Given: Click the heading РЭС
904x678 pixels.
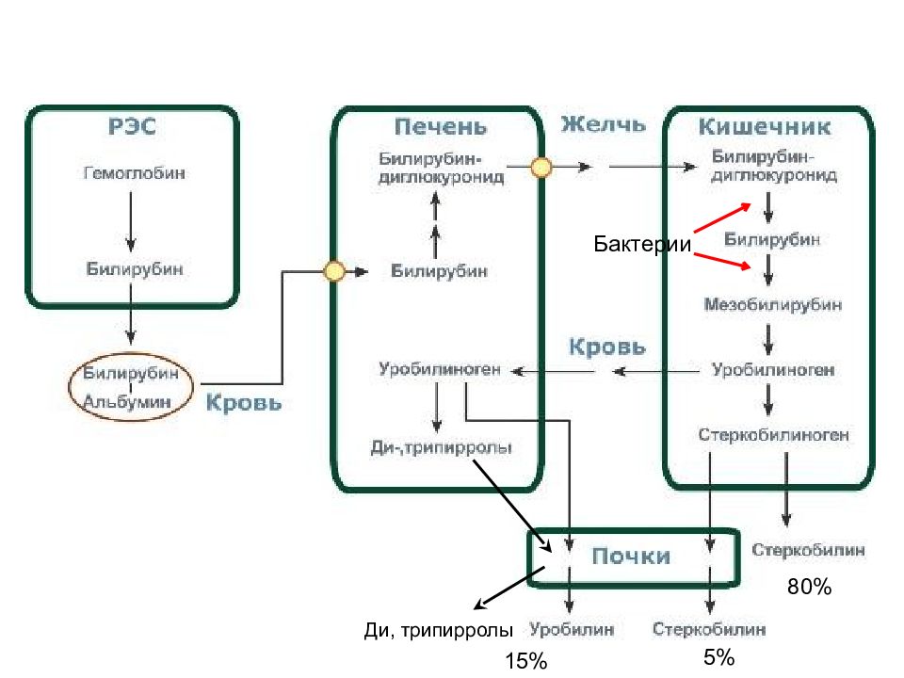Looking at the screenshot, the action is [132, 126].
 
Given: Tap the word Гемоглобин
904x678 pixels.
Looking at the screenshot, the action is [135, 173].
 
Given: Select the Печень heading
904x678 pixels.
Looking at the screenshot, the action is [441, 127].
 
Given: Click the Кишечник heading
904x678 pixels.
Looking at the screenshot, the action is [765, 127].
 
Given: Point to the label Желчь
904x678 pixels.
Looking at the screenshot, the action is [603, 124].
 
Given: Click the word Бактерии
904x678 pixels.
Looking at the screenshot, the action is [642, 244].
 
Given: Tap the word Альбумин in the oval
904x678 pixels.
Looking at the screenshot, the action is [127, 401].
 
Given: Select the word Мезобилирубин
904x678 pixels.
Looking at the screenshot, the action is [772, 304].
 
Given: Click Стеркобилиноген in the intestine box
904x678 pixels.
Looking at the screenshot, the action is [773, 435].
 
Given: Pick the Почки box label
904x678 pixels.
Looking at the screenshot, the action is [631, 557].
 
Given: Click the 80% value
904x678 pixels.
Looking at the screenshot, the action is [809, 587].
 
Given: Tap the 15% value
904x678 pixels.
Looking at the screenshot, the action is [525, 661].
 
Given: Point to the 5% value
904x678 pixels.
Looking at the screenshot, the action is [718, 657].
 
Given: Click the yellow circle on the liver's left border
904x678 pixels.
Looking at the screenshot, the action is [334, 271].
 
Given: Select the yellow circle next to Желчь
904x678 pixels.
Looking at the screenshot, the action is [541, 168].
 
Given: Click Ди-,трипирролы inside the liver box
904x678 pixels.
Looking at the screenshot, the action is [441, 447].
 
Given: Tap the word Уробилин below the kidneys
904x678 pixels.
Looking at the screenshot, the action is [572, 629].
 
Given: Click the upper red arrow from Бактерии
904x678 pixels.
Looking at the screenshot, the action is [722, 218].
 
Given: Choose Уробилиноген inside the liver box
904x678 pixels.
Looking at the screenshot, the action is [440, 369].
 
